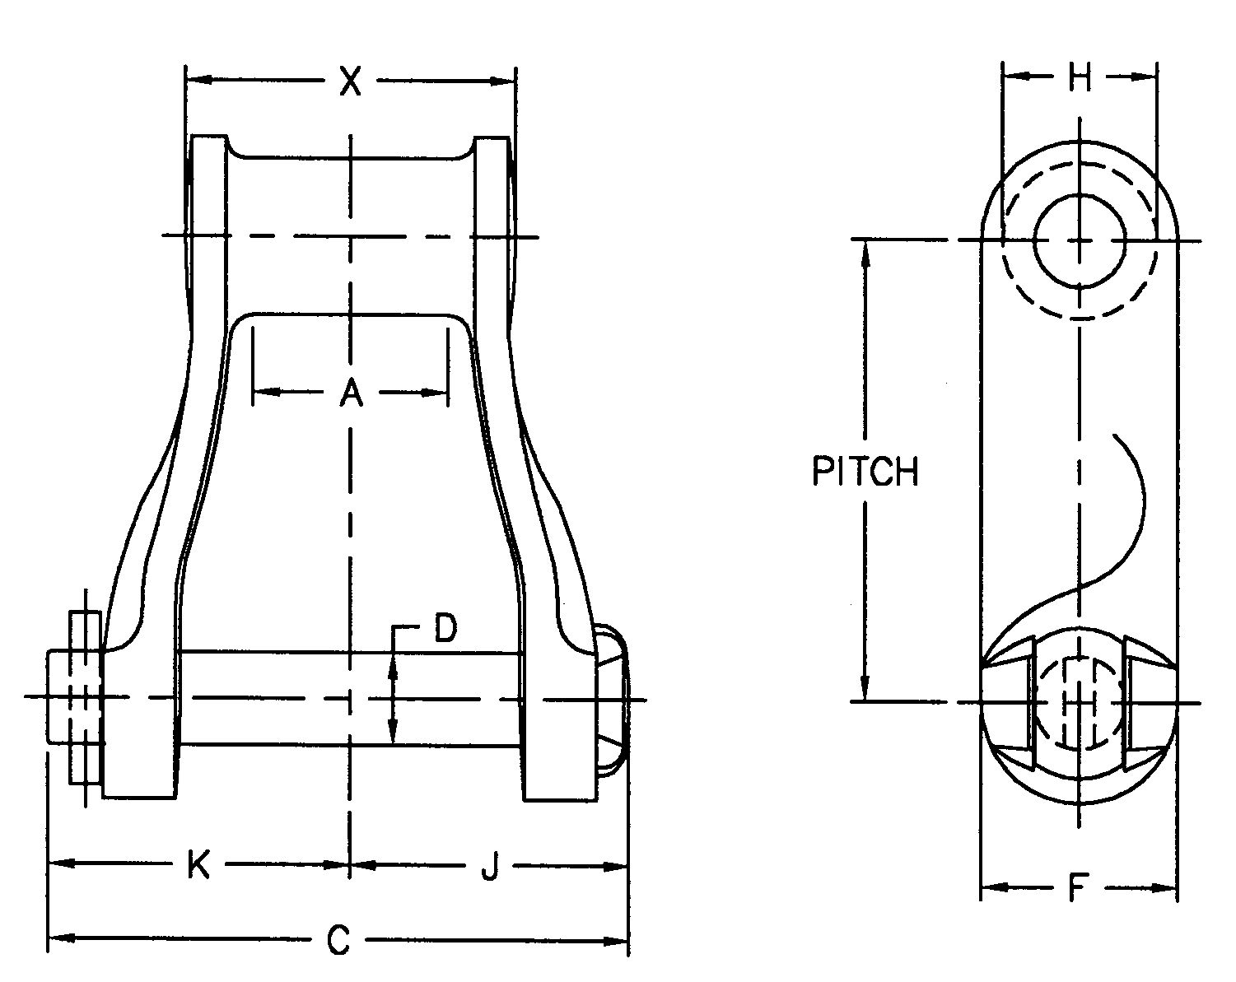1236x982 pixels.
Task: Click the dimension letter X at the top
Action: coord(351,81)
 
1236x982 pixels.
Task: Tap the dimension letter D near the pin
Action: coord(445,630)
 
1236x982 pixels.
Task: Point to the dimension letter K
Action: coord(198,866)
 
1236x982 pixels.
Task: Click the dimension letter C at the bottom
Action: coord(338,941)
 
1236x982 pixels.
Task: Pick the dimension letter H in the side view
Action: coord(1079,78)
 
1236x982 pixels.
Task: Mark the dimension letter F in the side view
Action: coord(1075,889)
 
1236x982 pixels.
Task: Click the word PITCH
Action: coord(865,472)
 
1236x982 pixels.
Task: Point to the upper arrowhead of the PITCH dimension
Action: coord(865,252)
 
